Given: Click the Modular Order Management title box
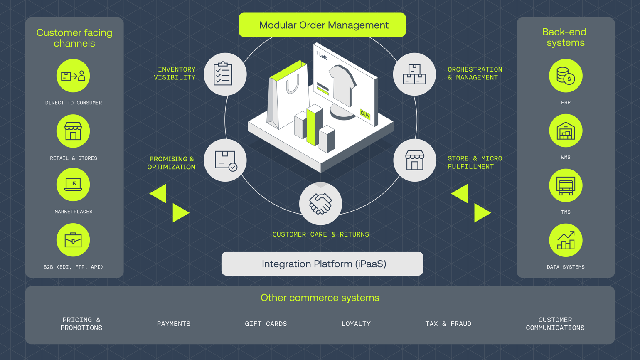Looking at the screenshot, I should pyautogui.click(x=322, y=25).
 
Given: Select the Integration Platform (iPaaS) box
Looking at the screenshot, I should pyautogui.click(x=322, y=264).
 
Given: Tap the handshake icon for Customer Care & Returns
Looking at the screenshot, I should pyautogui.click(x=320, y=204).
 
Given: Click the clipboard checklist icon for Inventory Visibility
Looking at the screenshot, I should pyautogui.click(x=225, y=74).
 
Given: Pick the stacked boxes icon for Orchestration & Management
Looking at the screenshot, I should pyautogui.click(x=414, y=74).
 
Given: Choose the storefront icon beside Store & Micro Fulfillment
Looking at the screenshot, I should pyautogui.click(x=414, y=160).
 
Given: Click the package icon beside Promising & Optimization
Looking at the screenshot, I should pyautogui.click(x=225, y=160).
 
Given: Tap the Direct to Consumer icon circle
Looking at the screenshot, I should pyautogui.click(x=73, y=76).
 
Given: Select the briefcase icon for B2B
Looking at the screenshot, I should pyautogui.click(x=73, y=240).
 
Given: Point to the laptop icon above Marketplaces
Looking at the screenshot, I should pyautogui.click(x=73, y=185).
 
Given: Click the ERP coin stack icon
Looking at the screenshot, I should pyautogui.click(x=566, y=76).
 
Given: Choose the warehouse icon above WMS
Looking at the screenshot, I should pyautogui.click(x=566, y=131).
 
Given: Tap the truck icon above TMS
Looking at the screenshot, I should pyautogui.click(x=566, y=186).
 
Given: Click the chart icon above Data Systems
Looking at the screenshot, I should pyautogui.click(x=566, y=240).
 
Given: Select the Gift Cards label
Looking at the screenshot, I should pyautogui.click(x=266, y=324).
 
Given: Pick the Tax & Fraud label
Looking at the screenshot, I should pyautogui.click(x=448, y=324).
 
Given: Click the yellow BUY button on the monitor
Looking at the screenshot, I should pyautogui.click(x=365, y=114).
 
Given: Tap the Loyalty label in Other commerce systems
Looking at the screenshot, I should pyautogui.click(x=356, y=324).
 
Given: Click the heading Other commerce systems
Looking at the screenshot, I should pyautogui.click(x=320, y=298).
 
